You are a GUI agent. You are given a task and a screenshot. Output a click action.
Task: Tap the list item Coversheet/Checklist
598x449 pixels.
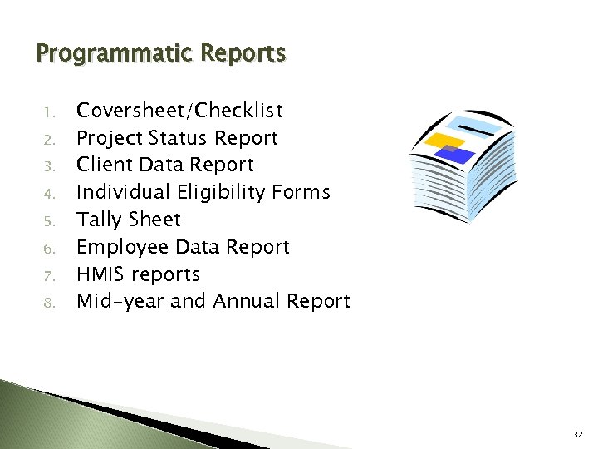click(179, 111)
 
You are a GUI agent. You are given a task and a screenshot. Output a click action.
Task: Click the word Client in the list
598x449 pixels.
click(101, 165)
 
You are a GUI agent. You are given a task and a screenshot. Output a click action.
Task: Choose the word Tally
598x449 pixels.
click(97, 220)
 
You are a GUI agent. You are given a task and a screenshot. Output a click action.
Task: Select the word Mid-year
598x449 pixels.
click(120, 302)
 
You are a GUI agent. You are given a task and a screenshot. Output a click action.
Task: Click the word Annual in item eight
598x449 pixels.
click(246, 301)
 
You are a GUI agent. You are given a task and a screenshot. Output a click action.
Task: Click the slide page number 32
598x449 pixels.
click(577, 434)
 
